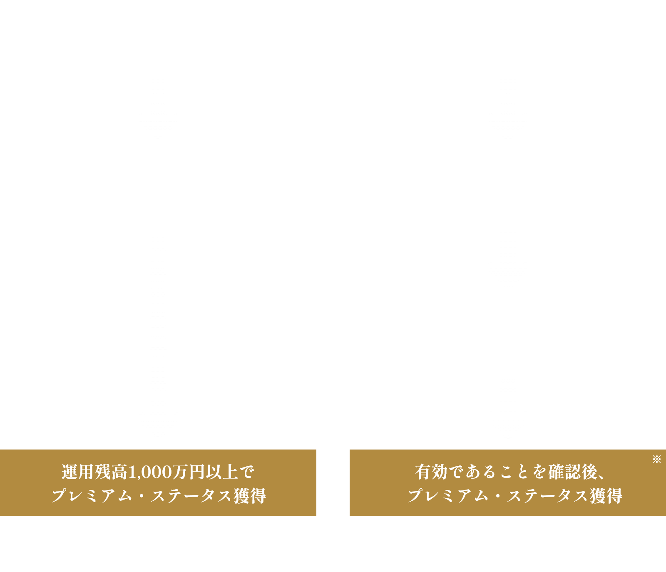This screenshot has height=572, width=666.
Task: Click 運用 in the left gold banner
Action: pos(78,472)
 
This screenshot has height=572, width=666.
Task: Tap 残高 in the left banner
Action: pos(111,472)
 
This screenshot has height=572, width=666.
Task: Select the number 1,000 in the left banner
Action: pos(149,473)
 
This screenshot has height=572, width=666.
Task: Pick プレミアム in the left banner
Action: pos(92,496)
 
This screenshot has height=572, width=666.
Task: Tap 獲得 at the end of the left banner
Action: pos(249,496)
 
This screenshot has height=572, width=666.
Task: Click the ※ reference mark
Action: pos(657,459)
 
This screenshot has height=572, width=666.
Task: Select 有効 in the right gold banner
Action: pos(431,472)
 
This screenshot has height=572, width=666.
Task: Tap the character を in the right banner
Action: pos(539,472)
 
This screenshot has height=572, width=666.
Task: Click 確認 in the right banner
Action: pos(564,472)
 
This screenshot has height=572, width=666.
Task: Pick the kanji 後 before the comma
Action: pos(589,472)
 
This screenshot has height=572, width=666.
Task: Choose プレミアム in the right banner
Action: pos(448,496)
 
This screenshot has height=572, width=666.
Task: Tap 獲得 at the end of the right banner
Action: pos(606,496)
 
